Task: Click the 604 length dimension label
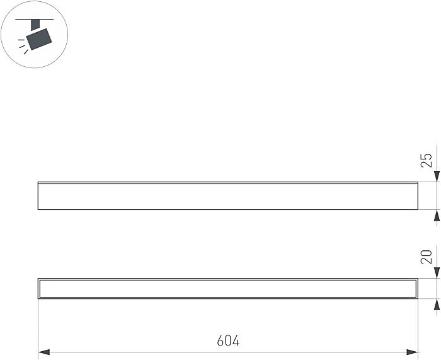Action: click(228, 340)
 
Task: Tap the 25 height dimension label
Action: click(427, 160)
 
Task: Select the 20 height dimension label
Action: click(427, 257)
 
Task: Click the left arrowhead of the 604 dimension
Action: click(44, 352)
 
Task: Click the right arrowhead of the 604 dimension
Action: click(412, 352)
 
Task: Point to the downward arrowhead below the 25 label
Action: click(437, 176)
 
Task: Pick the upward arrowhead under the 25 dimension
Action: click(437, 216)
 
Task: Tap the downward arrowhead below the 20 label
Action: click(437, 273)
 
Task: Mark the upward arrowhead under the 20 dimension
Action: click(437, 305)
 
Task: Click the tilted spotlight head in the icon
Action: click(39, 39)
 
